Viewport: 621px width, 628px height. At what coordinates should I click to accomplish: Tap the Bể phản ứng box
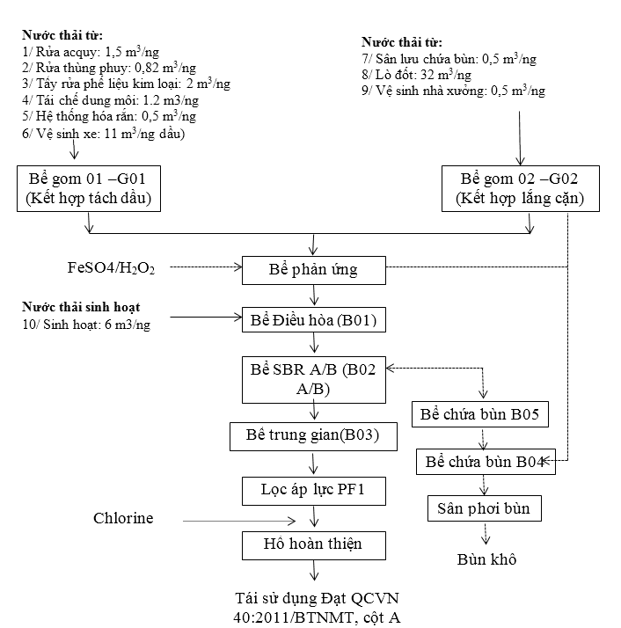314,269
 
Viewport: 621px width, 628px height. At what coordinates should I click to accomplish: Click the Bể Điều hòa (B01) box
314,320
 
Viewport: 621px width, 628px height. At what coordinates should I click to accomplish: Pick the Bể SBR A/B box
314,379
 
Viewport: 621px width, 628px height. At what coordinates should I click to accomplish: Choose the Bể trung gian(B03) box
314,435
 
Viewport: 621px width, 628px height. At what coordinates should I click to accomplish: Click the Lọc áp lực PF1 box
314,491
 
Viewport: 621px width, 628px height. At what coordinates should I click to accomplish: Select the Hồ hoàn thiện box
314,544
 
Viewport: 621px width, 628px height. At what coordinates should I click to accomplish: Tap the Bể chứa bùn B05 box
486,414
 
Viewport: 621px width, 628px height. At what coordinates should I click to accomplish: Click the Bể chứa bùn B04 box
486,461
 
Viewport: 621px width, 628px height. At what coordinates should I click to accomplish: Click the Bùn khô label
486,559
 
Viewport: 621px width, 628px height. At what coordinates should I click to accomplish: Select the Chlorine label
123,518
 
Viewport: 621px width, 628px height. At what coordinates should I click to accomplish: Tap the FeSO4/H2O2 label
111,267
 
